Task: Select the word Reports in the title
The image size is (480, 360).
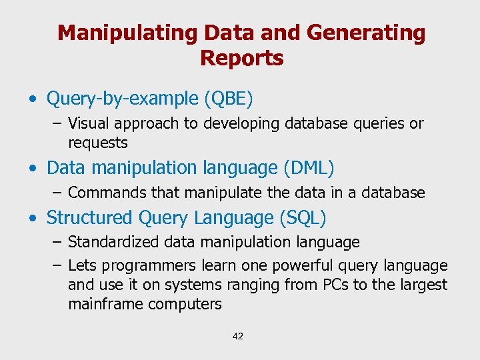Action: tap(241, 59)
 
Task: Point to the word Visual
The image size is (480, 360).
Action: tap(88, 124)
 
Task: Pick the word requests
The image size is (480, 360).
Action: tap(97, 143)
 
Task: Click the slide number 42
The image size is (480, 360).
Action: tap(238, 336)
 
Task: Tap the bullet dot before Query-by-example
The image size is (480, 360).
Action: tap(33, 100)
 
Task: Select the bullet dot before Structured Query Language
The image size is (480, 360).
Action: tap(33, 219)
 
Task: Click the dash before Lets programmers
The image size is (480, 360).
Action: tap(57, 266)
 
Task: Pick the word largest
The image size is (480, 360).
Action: tap(422, 285)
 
